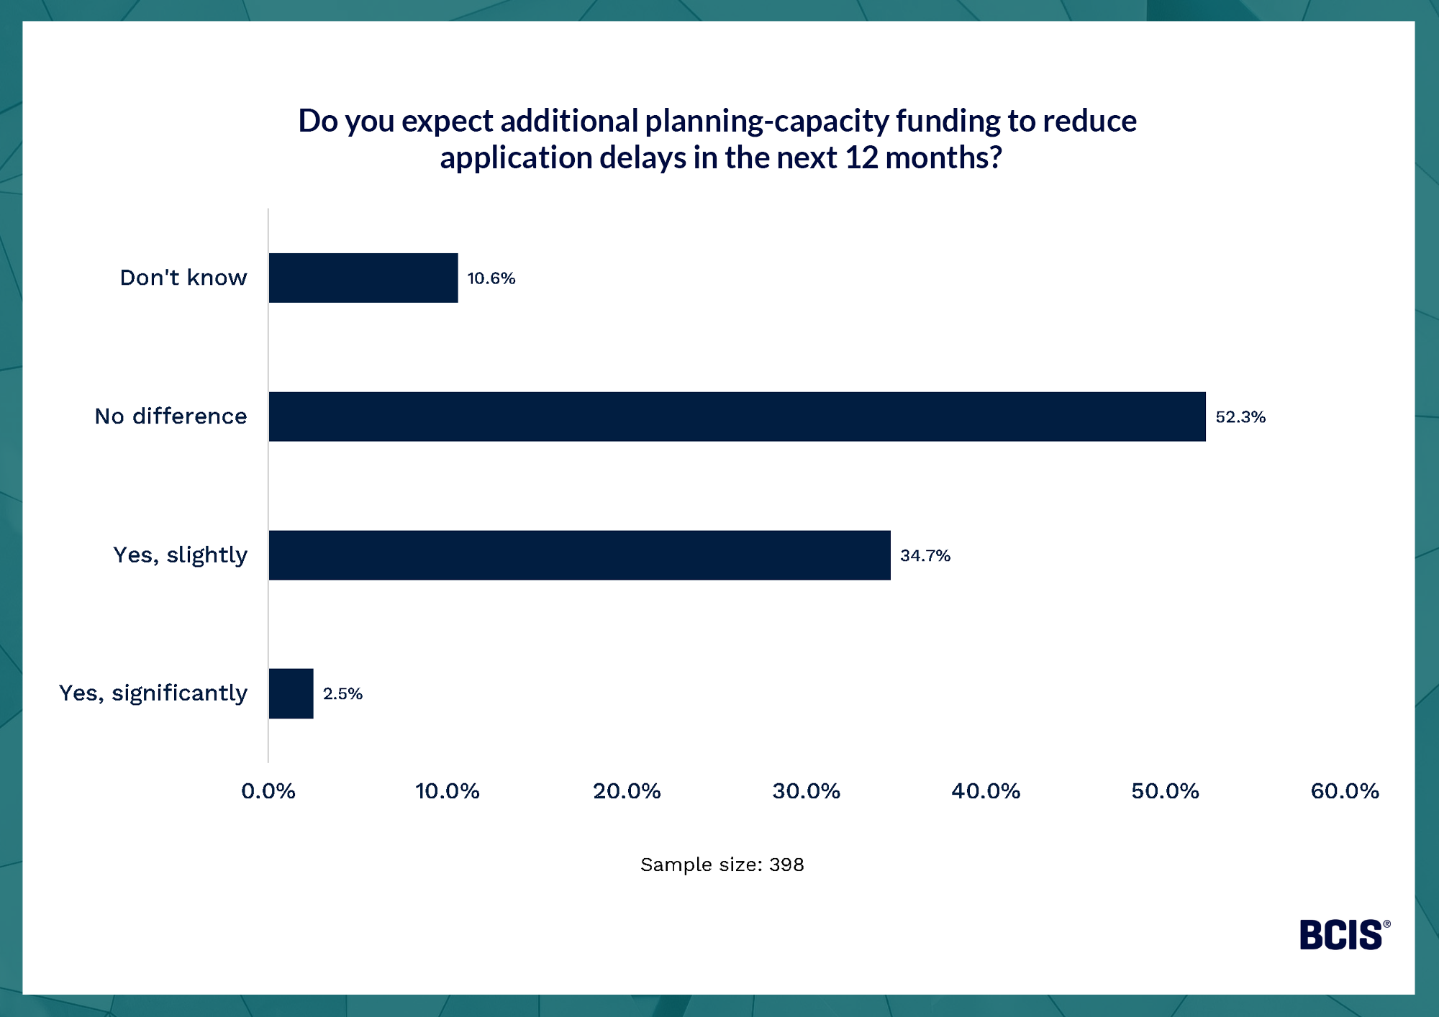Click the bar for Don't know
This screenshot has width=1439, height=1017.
coord(363,278)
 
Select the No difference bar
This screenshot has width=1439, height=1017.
coord(737,416)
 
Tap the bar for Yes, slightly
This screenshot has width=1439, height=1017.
coord(579,555)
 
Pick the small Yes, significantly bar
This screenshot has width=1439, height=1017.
coord(291,693)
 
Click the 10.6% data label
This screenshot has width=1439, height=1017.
coord(491,278)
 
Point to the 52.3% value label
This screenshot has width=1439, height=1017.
coord(1240,417)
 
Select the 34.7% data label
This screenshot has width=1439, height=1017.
coord(925,556)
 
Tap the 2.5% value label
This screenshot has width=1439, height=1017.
coord(342,694)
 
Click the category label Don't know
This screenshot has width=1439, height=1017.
coord(183,278)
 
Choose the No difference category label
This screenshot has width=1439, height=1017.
coord(171,416)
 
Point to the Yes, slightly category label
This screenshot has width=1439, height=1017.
coord(181,555)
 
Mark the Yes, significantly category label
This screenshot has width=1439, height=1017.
coord(153,693)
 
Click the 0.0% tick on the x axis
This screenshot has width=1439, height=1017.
coord(268,791)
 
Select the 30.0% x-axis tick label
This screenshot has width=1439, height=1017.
coord(807,791)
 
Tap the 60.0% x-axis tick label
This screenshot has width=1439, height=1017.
coord(1345,791)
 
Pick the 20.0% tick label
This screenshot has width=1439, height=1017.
coord(627,791)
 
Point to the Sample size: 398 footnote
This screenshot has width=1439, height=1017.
coord(722,865)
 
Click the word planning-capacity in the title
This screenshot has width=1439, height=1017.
coord(767,122)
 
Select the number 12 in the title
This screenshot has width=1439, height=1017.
coord(861,158)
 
